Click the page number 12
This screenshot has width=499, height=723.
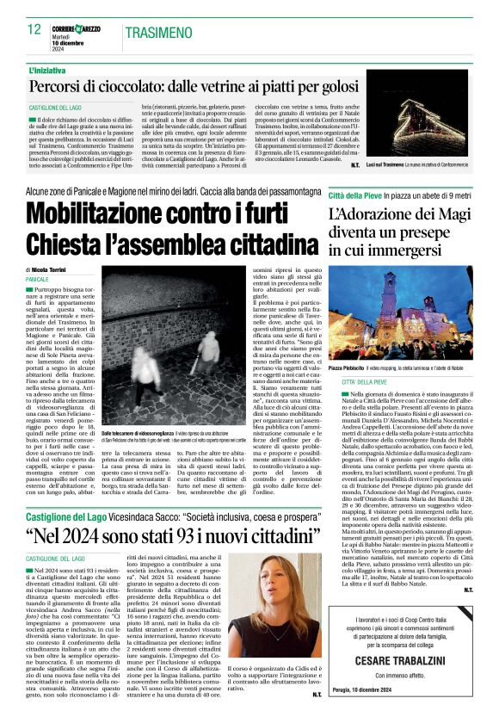pos(35,29)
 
